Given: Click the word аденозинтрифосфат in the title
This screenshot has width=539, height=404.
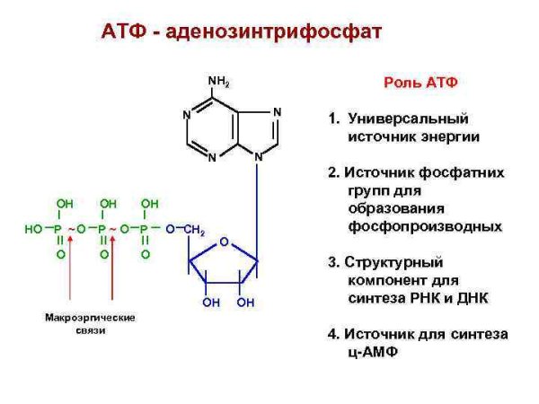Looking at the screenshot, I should [296, 32].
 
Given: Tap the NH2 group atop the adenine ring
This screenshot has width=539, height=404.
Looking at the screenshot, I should [219, 82].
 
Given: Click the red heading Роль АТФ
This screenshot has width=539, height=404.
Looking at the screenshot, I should [421, 83].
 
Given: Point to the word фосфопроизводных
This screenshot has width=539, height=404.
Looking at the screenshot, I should [425, 226].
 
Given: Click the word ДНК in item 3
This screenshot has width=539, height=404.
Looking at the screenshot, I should [468, 298].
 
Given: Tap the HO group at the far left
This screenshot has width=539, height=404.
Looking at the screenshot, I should [33, 230].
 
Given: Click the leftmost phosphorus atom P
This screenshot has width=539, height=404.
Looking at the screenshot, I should [60, 230].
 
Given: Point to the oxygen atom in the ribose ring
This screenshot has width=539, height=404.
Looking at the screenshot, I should [224, 241].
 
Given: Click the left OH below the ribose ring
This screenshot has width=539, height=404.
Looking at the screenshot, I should [211, 303].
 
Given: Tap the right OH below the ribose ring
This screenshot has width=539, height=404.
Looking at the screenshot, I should [245, 303].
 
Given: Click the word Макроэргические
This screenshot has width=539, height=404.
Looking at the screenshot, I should [90, 318].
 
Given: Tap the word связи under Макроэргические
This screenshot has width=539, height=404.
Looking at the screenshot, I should [90, 331].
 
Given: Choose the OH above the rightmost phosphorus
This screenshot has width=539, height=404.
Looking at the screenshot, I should [150, 204].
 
